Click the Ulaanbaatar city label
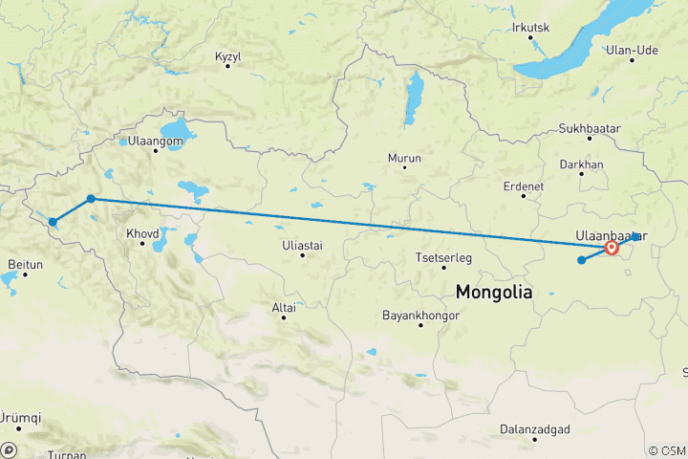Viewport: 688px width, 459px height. [x=612, y=234]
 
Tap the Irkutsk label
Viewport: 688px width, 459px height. [x=530, y=28]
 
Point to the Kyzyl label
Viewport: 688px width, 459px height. [x=227, y=56]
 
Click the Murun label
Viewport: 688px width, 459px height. [x=404, y=157]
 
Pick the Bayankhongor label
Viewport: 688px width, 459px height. [x=420, y=314]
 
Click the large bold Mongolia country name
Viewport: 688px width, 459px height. [x=494, y=292]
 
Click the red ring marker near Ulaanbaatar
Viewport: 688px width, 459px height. [x=612, y=250]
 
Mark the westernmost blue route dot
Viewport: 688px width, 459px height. [x=53, y=222]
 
